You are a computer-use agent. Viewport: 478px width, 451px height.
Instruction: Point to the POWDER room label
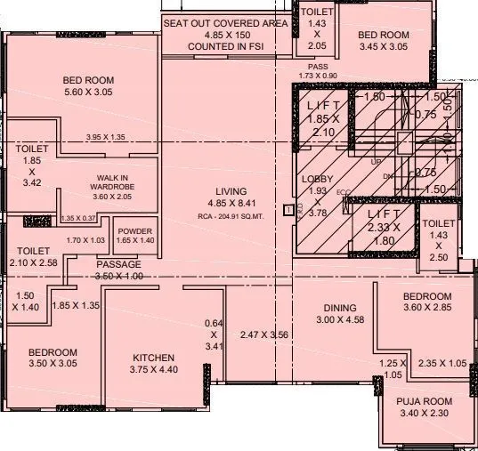pos(134,230)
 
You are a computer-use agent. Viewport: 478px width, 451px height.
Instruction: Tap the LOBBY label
pos(317,179)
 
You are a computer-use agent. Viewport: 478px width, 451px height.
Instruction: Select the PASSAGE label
pos(118,265)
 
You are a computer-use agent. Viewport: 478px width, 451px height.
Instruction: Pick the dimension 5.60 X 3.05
pos(88,92)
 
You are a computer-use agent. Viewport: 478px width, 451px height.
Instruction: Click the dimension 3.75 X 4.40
pos(155,370)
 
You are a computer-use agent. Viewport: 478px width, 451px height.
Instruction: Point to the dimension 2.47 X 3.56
pos(266,334)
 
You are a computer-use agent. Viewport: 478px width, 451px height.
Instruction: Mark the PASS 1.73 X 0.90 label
pos(319,71)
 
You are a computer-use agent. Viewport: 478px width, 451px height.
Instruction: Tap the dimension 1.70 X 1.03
pos(85,240)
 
